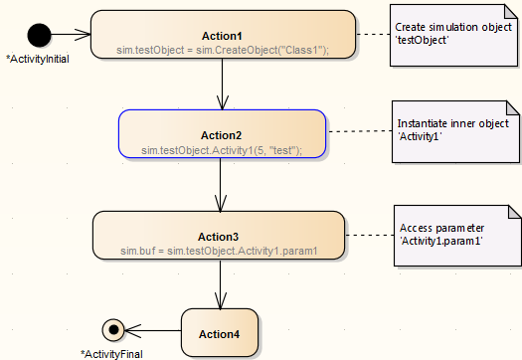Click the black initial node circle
tap(39, 36)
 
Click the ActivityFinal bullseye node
tap(113, 329)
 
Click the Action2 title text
tap(222, 134)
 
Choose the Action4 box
tap(220, 332)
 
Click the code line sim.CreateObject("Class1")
tap(223, 49)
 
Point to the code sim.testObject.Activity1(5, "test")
tap(222, 149)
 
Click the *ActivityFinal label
tap(111, 353)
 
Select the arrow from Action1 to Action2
tap(223, 85)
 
